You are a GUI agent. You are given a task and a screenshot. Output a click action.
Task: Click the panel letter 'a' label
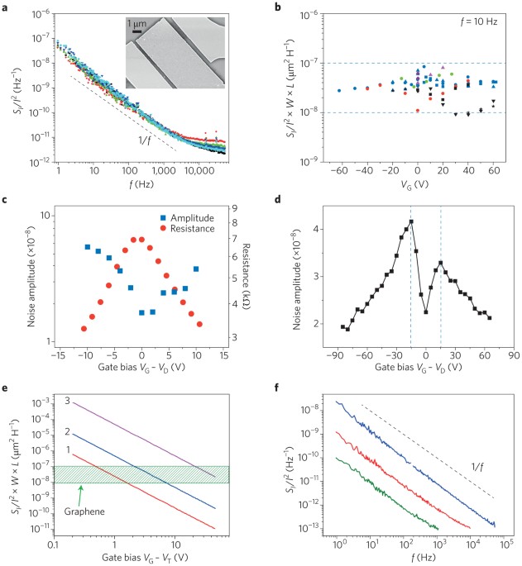5,6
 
